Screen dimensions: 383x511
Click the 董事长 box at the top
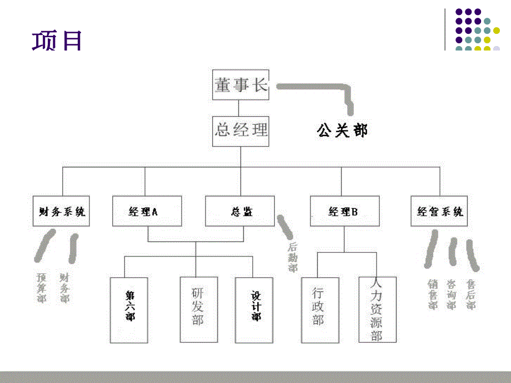(241, 85)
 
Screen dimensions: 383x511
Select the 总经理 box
(241, 131)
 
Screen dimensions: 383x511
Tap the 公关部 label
(342, 131)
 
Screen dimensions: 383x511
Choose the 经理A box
(143, 211)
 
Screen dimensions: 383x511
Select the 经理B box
(343, 211)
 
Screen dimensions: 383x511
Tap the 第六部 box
(129, 310)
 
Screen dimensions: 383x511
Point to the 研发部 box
(197, 309)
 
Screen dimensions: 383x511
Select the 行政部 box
(318, 309)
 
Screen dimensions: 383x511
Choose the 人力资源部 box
(377, 309)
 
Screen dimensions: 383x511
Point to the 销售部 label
(433, 294)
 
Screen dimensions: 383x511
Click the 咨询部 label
(451, 294)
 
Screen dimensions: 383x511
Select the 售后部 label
(470, 294)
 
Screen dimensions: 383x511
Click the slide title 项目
(57, 42)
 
